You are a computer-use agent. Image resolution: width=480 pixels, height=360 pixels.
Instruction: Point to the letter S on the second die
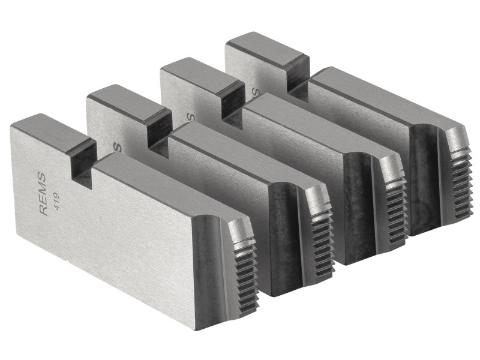coord(118,146)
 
